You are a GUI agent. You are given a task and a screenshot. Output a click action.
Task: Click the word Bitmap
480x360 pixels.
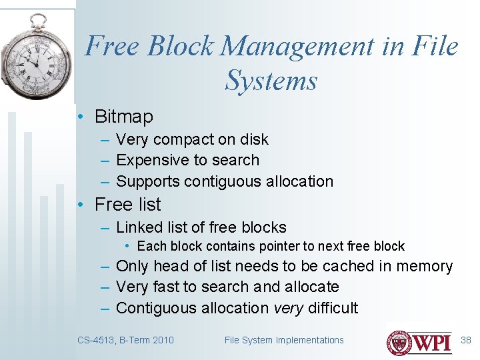(x=123, y=117)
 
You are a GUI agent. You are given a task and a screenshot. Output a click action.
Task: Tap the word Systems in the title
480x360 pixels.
(x=271, y=81)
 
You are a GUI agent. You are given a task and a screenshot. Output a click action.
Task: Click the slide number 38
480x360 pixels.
(x=465, y=340)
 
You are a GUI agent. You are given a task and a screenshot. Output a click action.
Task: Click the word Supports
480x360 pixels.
(x=148, y=181)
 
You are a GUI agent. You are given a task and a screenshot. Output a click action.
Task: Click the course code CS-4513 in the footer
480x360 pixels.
(x=95, y=340)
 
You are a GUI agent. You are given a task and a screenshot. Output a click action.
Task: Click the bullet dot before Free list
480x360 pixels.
(x=79, y=205)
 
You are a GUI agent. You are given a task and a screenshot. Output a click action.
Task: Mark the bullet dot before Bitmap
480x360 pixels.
(x=79, y=117)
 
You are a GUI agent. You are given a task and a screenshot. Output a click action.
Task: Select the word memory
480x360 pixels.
(x=424, y=266)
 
